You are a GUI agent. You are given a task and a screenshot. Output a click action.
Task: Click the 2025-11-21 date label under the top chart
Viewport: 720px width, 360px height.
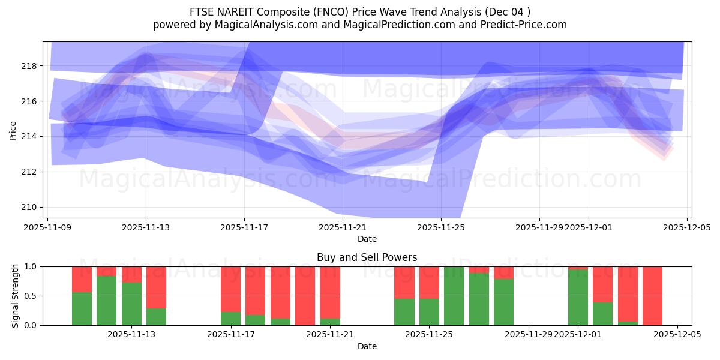click(x=343, y=228)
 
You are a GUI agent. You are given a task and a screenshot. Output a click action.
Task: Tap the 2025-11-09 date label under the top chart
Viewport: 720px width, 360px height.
click(x=47, y=228)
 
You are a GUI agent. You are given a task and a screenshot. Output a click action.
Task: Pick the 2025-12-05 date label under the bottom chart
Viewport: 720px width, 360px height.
click(x=677, y=335)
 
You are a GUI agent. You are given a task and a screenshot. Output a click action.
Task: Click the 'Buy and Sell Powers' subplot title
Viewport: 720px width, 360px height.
click(x=367, y=257)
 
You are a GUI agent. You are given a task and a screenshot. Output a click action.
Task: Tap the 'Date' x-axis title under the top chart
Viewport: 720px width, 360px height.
click(x=367, y=239)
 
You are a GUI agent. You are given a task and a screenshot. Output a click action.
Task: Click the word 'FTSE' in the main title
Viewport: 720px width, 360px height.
click(x=202, y=12)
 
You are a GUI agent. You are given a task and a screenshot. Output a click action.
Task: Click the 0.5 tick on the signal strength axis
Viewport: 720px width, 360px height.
click(x=29, y=296)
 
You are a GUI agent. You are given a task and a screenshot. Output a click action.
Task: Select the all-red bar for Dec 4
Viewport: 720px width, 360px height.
click(x=652, y=296)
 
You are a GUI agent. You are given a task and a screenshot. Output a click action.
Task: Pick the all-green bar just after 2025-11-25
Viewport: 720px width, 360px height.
click(x=454, y=296)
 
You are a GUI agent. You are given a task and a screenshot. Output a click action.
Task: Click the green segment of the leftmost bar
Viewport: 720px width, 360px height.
click(x=82, y=309)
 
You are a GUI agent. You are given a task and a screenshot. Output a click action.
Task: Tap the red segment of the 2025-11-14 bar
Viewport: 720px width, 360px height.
click(x=156, y=287)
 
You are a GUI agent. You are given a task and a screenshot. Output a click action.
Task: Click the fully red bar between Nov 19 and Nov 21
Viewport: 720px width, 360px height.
click(x=305, y=296)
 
